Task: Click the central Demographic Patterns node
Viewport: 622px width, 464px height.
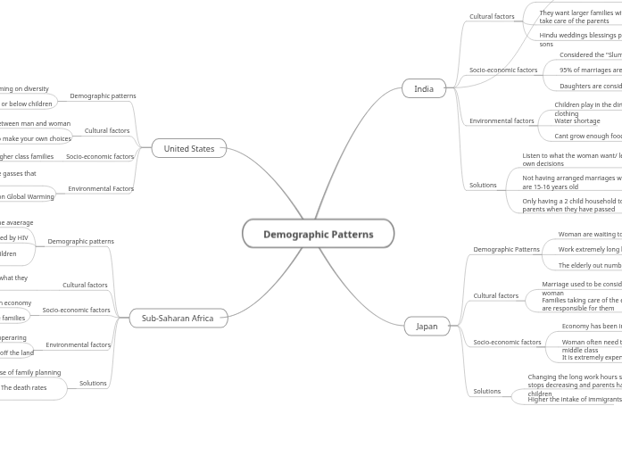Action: point(318,234)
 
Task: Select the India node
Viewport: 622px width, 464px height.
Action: point(424,88)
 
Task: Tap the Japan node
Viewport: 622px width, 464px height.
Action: point(427,326)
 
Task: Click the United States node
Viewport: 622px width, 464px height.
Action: point(188,148)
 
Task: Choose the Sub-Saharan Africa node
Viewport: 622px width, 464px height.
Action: point(178,318)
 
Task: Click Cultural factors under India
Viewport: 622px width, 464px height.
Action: point(492,16)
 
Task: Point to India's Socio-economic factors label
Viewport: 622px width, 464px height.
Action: point(503,70)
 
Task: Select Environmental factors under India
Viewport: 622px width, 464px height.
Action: point(502,120)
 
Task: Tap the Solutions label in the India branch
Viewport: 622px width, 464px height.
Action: point(483,185)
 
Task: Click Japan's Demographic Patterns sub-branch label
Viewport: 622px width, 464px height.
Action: point(506,249)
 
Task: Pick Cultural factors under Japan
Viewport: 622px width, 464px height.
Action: point(495,295)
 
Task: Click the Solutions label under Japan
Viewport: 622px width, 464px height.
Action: point(486,391)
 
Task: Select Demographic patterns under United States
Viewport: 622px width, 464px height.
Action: point(103,95)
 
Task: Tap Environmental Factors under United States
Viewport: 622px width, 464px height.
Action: point(101,188)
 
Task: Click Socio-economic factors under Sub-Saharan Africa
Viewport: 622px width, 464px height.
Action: point(76,310)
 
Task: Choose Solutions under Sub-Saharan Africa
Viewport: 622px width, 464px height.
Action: point(93,383)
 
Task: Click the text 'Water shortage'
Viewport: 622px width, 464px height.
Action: point(577,121)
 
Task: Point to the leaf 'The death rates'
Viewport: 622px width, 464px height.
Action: point(24,387)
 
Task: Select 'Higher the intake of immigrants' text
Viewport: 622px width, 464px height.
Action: point(575,399)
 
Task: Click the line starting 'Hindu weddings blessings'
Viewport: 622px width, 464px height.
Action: point(580,36)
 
